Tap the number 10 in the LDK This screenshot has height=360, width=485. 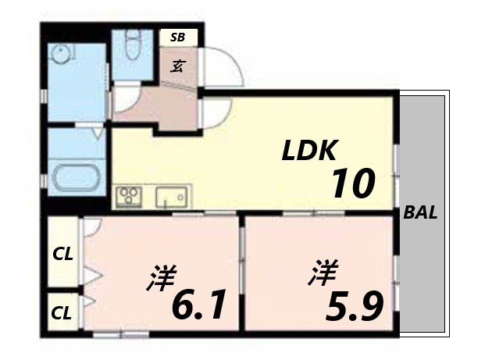353,184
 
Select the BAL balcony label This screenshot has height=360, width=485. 420,212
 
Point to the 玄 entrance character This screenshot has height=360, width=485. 179,66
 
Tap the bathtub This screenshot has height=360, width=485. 76,177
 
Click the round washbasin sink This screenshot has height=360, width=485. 60,55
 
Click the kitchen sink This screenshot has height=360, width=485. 173,196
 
